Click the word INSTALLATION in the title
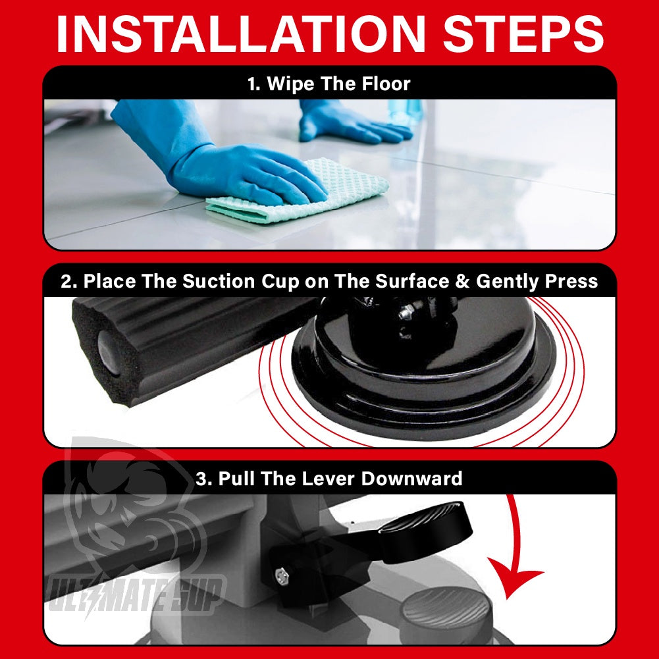point(241,34)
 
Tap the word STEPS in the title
point(523,34)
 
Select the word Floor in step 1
point(386,84)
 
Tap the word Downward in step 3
point(411,479)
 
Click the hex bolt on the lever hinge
point(282,575)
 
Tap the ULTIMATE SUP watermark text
point(136,595)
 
